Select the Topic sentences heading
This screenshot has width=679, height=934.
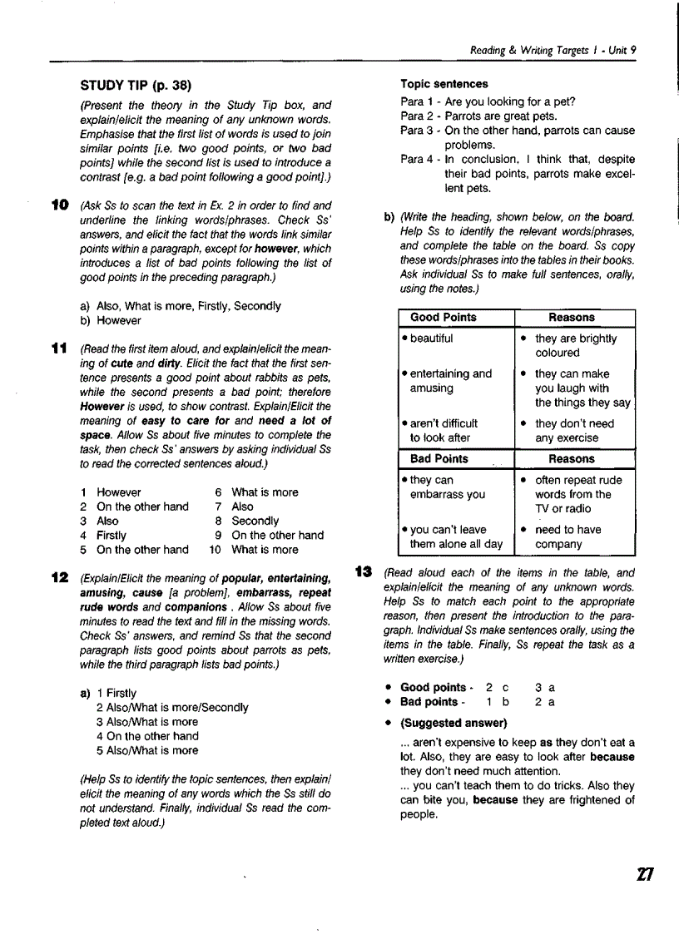444,84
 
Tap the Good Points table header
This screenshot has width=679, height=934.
444,317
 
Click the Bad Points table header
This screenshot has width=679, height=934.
439,458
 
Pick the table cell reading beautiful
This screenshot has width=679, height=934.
432,339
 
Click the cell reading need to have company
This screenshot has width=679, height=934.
570,536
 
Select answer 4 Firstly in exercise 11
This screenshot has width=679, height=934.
104,535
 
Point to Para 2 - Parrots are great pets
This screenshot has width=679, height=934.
478,116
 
